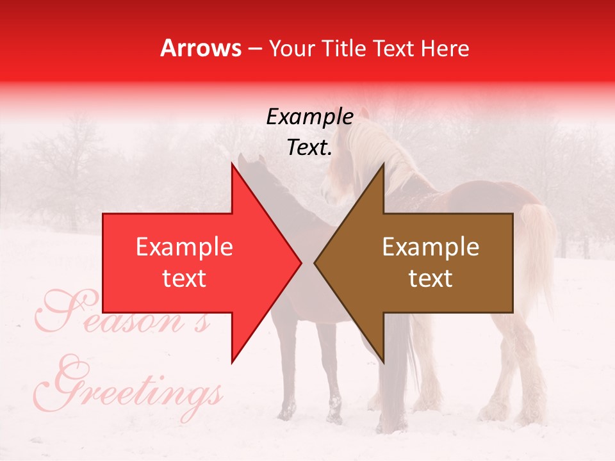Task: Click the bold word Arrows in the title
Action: point(201,48)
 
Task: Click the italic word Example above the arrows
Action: point(309,117)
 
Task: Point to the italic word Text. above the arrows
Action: point(309,148)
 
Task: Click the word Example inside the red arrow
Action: point(184,247)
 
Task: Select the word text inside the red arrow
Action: point(184,278)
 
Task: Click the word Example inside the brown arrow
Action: point(430,247)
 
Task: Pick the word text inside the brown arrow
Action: point(430,278)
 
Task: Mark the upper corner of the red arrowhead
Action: point(232,164)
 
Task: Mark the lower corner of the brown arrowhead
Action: point(383,362)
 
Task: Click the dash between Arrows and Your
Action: point(254,49)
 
